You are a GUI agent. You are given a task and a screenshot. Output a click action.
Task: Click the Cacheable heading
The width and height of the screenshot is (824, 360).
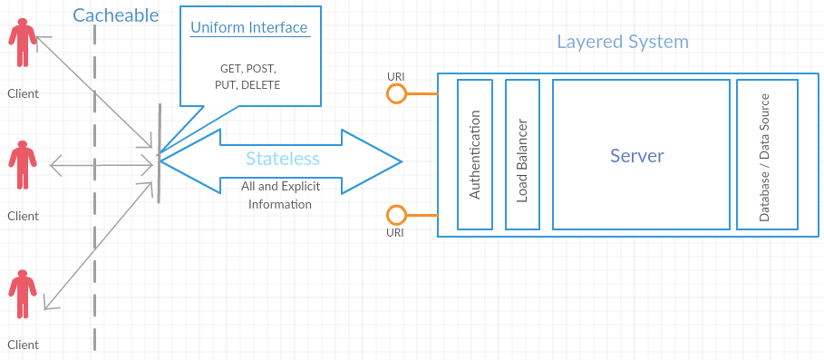coord(115,15)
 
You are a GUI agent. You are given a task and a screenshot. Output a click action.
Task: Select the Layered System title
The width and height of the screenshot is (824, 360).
coord(622,42)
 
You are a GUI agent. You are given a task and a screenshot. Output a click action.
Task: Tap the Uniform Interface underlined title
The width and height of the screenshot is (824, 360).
coord(249,28)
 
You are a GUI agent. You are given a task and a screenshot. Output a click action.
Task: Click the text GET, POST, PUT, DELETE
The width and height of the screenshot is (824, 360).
coord(249,77)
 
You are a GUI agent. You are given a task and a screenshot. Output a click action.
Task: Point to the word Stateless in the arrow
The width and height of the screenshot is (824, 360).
coord(283,159)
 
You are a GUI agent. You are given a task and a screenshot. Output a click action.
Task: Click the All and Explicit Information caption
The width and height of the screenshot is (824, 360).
coord(280,195)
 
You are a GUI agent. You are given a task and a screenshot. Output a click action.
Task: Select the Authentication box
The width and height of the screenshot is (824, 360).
coord(475,154)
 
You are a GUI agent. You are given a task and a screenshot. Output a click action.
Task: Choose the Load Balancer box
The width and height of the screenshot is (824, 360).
coord(522,154)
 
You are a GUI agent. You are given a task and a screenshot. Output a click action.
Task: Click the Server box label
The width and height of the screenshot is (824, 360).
coord(637,155)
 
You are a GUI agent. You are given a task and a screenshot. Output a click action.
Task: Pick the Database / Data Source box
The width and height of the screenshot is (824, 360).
coord(766,154)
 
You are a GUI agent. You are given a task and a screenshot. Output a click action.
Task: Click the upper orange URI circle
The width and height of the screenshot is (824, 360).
coord(396,93)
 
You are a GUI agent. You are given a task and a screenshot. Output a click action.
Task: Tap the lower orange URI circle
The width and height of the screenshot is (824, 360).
coord(396,215)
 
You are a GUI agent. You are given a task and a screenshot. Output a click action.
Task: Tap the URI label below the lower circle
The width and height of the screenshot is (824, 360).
coord(395,233)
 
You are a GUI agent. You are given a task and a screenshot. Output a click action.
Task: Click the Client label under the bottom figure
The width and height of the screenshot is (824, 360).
coord(23,345)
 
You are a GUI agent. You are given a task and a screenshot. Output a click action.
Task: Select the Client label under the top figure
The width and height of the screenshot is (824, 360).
coord(23,93)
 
